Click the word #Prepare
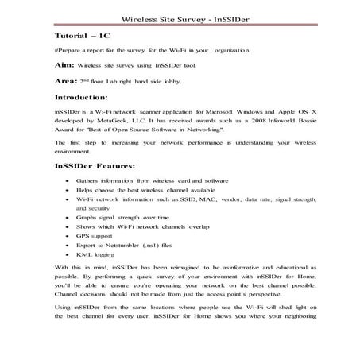coord(67,51)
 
